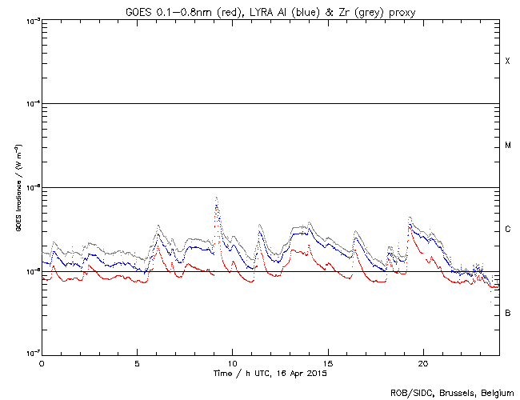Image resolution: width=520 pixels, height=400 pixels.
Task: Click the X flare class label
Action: pos(507,62)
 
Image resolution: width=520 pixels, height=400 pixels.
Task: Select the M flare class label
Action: pos(507,146)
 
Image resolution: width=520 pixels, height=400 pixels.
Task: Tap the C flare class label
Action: pos(507,230)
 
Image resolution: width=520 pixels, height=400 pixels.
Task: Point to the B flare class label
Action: pos(507,313)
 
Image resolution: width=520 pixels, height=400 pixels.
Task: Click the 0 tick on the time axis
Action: pos(42,362)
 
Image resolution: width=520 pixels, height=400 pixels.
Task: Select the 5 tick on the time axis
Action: pos(137,362)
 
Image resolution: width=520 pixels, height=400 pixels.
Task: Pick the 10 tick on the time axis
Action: pos(232,362)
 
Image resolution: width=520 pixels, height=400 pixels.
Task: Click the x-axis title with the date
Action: pos(270,373)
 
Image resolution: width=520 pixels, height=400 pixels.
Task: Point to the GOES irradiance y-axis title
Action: pos(18,188)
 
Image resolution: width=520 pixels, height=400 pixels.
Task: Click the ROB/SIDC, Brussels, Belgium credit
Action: pos(452,392)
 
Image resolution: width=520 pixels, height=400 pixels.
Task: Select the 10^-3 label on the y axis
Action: pos(31,21)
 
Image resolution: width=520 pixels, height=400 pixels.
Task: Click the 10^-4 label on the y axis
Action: pos(31,104)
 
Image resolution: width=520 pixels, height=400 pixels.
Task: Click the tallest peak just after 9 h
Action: pos(216,198)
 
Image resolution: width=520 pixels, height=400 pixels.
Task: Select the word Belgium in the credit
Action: pos(494,392)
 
